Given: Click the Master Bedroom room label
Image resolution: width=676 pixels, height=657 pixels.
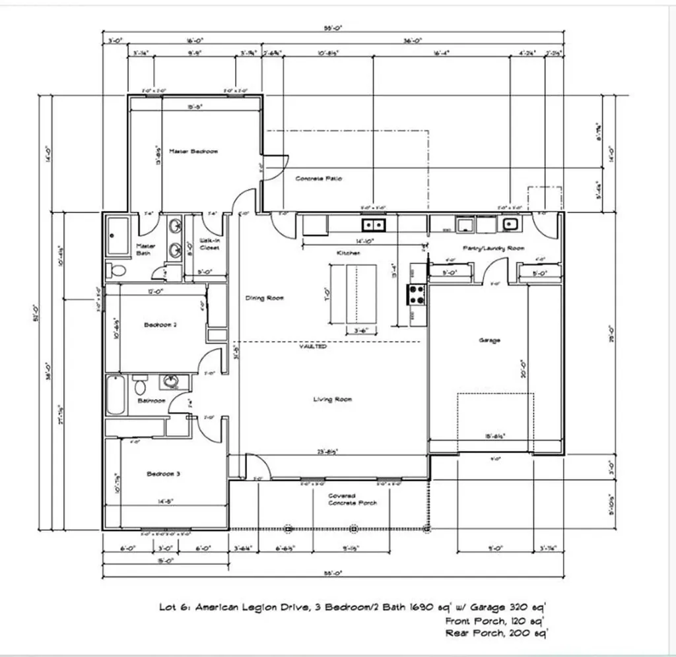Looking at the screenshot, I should pyautogui.click(x=193, y=152).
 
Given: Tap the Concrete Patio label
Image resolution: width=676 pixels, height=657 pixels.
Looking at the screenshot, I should pyautogui.click(x=318, y=179).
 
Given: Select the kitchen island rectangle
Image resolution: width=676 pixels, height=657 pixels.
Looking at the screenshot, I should pyautogui.click(x=353, y=293).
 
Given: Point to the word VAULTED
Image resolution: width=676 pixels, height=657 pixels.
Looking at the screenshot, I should pyautogui.click(x=312, y=346).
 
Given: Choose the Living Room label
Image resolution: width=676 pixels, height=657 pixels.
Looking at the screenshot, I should pyautogui.click(x=332, y=399).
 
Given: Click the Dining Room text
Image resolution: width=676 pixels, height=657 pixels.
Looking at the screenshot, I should pyautogui.click(x=264, y=298).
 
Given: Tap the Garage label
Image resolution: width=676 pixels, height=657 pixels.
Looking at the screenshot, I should pyautogui.click(x=489, y=340).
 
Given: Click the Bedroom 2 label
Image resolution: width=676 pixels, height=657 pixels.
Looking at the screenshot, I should pyautogui.click(x=160, y=325).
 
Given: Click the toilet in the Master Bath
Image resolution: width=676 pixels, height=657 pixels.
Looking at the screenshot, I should pyautogui.click(x=118, y=269).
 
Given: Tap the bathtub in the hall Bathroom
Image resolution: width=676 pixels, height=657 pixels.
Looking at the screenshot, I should pyautogui.click(x=115, y=394).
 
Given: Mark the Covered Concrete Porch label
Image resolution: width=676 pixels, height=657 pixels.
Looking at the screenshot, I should pyautogui.click(x=353, y=499).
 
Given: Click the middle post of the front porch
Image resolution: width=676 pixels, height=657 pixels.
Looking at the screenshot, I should pyautogui.click(x=353, y=528).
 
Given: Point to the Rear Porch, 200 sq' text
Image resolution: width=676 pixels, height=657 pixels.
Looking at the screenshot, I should pyautogui.click(x=497, y=633).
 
